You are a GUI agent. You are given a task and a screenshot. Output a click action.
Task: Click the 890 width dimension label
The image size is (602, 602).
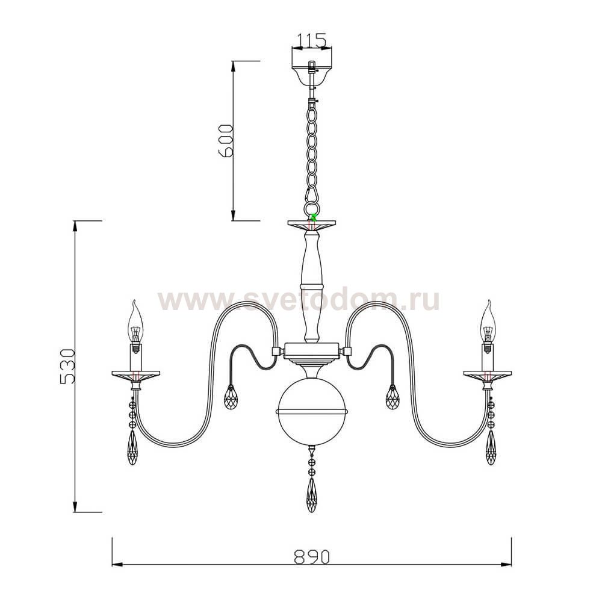click(312, 557)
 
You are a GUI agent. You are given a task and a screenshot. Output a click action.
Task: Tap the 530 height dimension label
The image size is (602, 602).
click(68, 366)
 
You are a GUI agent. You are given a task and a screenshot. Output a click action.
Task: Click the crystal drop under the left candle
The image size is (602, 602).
click(134, 448)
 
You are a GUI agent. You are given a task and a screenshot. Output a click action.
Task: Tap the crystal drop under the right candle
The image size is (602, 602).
click(491, 448)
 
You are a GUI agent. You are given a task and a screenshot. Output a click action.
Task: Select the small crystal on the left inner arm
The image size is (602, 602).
click(231, 397)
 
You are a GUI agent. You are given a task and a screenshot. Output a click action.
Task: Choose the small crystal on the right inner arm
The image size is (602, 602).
click(393, 397)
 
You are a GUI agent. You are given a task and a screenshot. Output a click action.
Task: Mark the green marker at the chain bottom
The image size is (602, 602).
click(313, 216)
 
